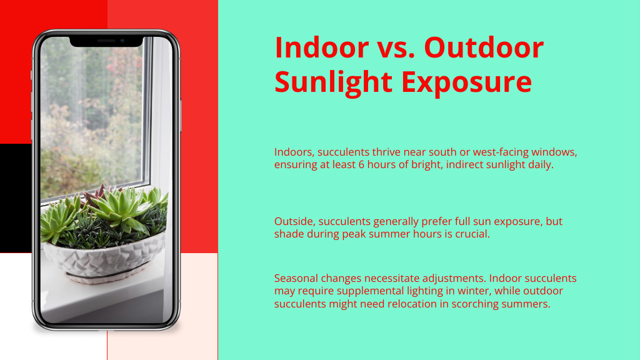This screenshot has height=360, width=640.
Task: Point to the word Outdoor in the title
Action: tap(484, 47)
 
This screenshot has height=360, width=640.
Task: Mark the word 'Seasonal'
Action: tap(296, 278)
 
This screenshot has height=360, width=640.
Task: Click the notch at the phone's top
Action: tap(106, 41)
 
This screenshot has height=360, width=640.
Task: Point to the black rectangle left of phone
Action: tap(16, 198)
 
